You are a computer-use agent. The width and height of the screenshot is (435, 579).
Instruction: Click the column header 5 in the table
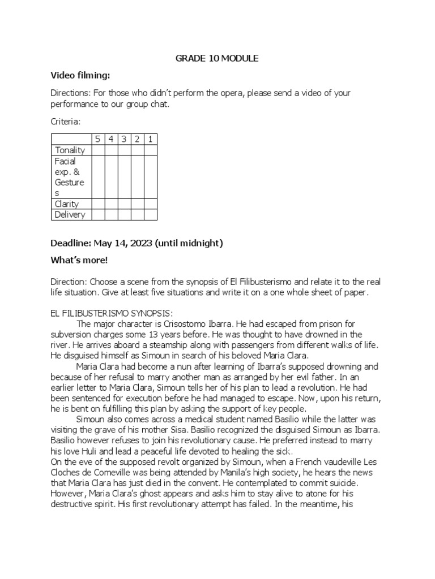point(98,139)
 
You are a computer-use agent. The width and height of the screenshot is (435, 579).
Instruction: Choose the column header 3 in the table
point(125,139)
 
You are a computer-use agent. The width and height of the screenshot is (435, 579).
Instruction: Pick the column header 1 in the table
point(150,139)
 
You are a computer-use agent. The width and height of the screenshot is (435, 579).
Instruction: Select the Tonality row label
point(70,150)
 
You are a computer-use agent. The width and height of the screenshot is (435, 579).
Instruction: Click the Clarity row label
point(67,204)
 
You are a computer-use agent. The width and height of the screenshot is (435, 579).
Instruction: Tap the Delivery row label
point(70,214)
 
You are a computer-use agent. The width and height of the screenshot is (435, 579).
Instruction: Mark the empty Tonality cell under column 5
point(98,150)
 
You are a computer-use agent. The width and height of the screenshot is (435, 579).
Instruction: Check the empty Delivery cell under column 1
point(150,214)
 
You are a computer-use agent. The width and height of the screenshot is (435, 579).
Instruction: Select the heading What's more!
point(79,260)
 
